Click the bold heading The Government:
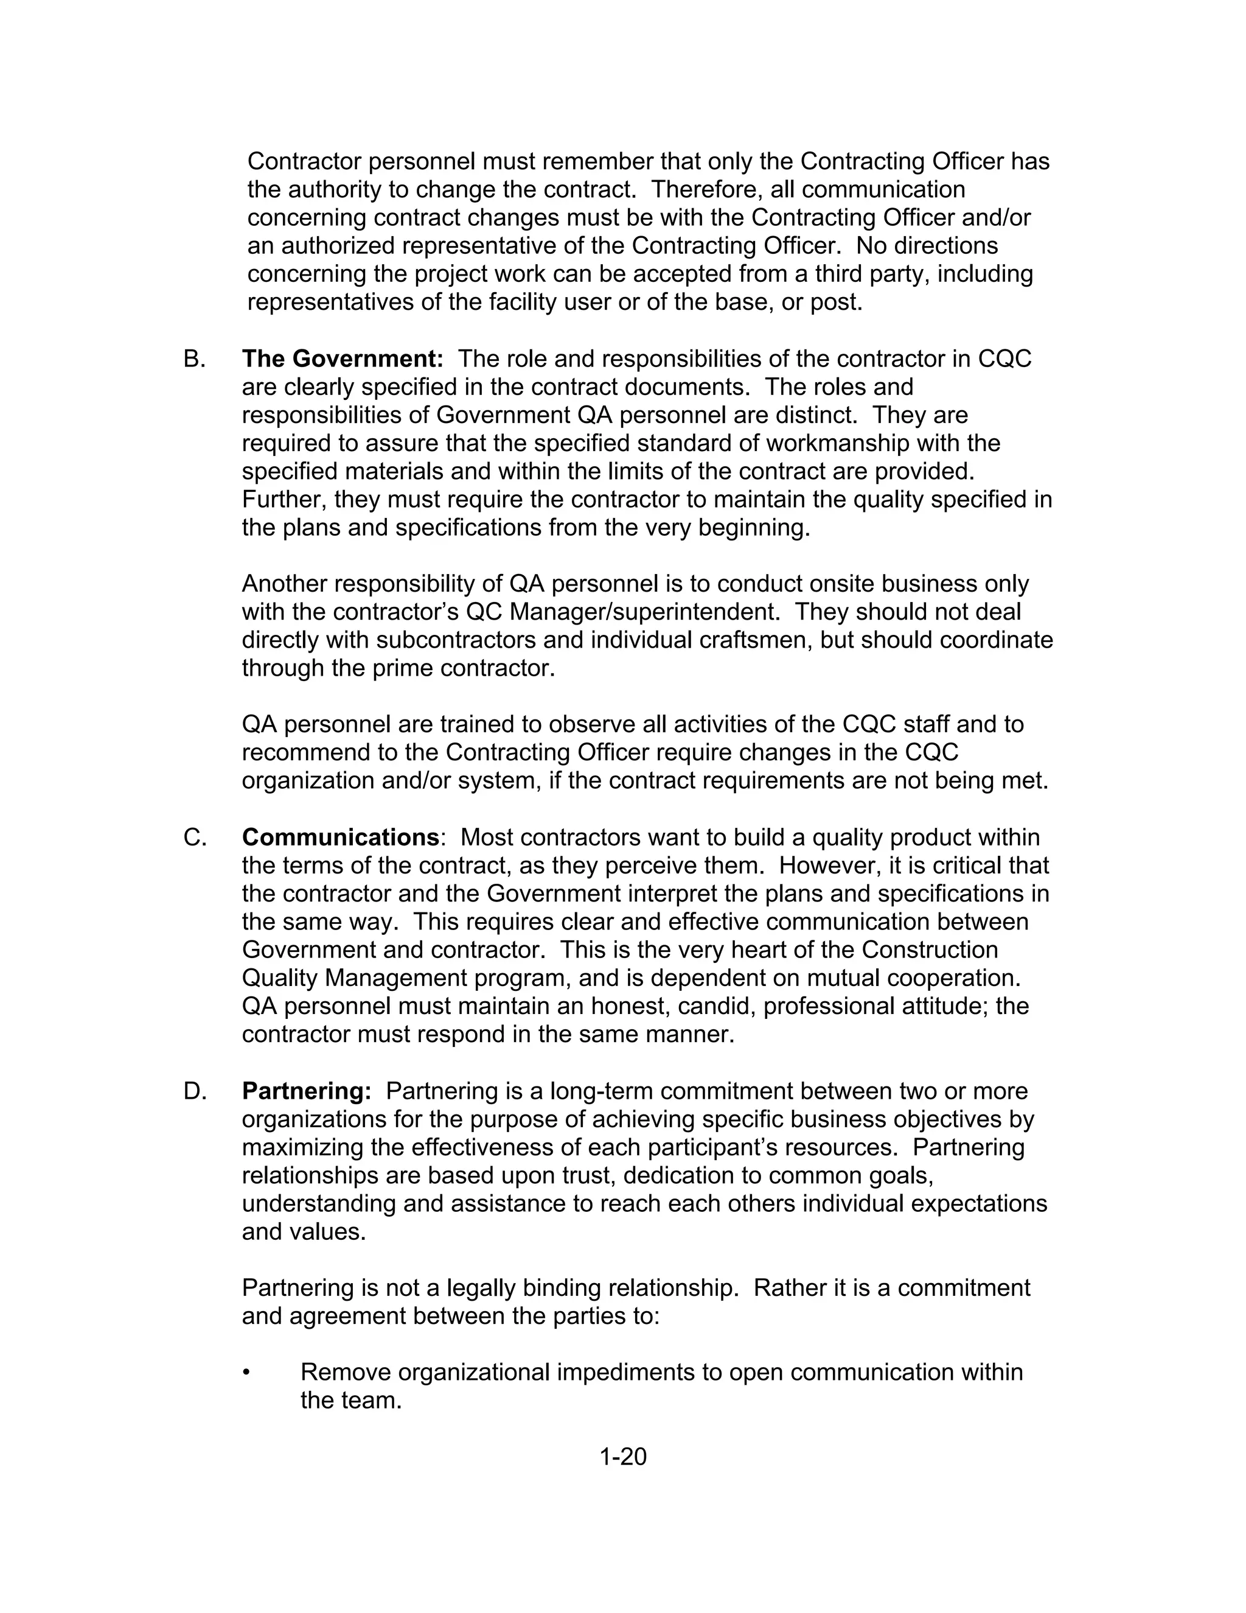point(343,359)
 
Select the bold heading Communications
point(340,838)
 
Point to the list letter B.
point(194,359)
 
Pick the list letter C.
point(194,838)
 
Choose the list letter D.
point(194,1091)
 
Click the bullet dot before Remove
point(246,1372)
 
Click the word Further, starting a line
point(284,499)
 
